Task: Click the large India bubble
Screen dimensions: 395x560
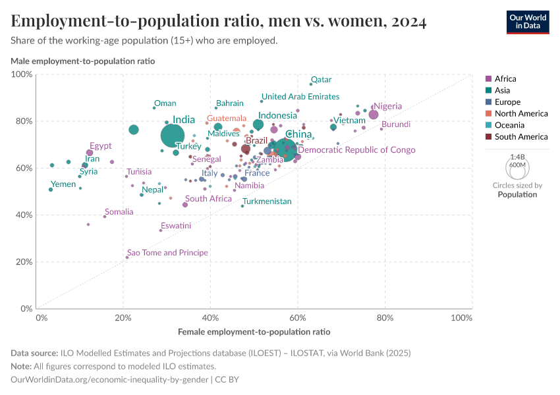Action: [173, 136]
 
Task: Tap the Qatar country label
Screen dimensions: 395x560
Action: [321, 80]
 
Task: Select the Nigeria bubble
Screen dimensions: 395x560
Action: [374, 115]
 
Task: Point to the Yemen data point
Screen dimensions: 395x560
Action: [51, 190]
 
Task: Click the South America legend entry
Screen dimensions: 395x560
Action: [520, 137]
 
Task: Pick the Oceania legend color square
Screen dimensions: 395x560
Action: [488, 125]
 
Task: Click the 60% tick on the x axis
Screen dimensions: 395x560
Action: [298, 318]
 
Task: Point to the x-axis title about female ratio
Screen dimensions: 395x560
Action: [254, 332]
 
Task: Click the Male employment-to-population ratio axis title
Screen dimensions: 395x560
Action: [83, 61]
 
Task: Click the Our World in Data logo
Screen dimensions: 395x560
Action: [527, 21]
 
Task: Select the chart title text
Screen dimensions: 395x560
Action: [219, 21]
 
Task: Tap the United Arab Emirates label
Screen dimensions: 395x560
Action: [300, 97]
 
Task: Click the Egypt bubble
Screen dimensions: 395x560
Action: [90, 153]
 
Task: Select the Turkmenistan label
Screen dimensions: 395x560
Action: [267, 201]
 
